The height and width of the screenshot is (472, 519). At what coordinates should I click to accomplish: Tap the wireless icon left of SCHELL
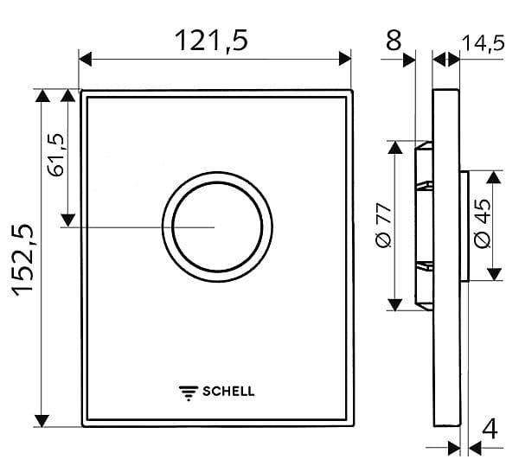click(x=188, y=391)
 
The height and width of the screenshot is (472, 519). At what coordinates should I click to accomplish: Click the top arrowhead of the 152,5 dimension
click(x=40, y=94)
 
